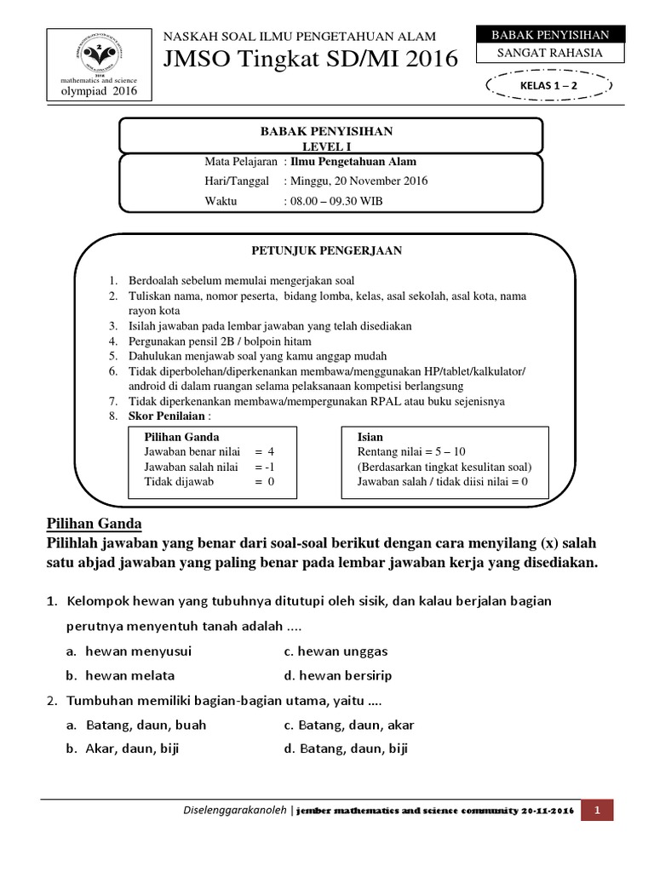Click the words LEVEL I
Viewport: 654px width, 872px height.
pos(327,146)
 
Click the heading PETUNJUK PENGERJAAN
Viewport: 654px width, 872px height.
pos(326,250)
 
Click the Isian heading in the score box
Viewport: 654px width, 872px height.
pos(370,437)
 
